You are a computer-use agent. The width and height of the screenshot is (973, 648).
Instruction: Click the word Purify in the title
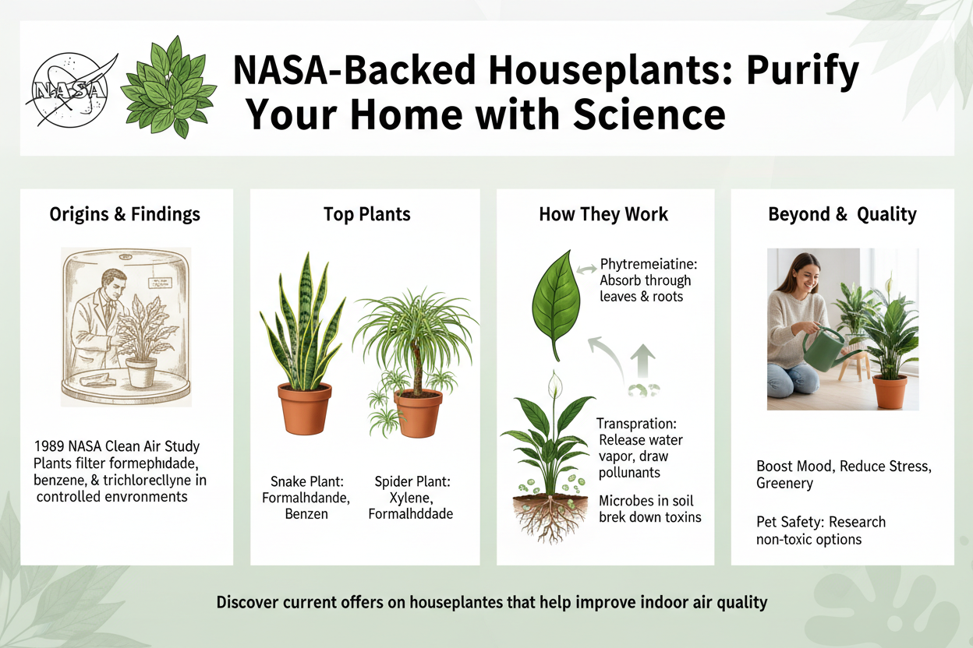pos(802,71)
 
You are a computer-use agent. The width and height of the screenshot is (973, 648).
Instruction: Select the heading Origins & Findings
pos(125,214)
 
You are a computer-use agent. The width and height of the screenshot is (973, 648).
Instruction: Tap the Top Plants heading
pos(367,214)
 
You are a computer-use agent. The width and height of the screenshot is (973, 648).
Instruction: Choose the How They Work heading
pos(603,214)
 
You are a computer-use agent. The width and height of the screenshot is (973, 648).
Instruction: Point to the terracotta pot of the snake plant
pos(305,408)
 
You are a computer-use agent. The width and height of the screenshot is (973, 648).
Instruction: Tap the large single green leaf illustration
pos(557,304)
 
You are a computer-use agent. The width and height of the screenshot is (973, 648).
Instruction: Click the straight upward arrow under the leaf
pos(643,361)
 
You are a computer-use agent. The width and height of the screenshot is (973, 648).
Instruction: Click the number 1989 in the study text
pos(49,446)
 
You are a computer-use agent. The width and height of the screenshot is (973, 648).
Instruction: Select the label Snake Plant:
pos(306,481)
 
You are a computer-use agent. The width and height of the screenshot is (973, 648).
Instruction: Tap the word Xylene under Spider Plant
pos(410,498)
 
